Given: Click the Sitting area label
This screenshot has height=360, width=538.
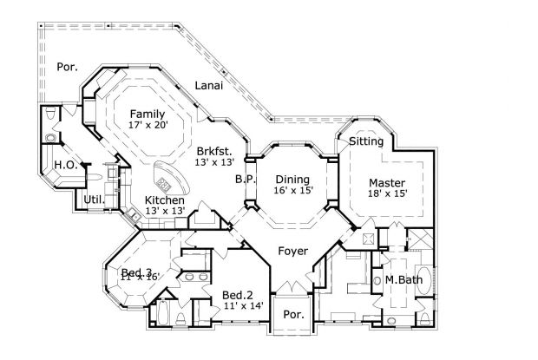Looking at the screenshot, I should click(x=366, y=141).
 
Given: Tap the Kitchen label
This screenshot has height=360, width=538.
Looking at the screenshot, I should click(x=164, y=200).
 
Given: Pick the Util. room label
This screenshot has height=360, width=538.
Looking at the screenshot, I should click(x=95, y=200).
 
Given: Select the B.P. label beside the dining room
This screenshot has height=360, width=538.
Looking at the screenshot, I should click(x=244, y=180).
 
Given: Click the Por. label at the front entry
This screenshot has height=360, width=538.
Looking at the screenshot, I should click(x=294, y=316).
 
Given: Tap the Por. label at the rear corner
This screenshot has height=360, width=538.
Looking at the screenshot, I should click(x=67, y=66).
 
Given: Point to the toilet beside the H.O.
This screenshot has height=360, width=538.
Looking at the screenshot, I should click(x=50, y=115).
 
